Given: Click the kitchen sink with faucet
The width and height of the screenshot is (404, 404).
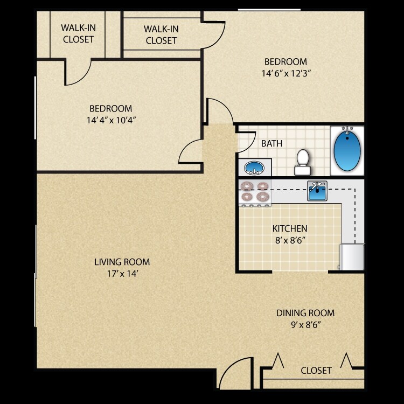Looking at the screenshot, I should tap(317, 191).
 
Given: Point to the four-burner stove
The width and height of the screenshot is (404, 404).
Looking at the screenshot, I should tap(255, 192).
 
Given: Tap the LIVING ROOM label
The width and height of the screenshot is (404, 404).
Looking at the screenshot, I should tap(122, 262).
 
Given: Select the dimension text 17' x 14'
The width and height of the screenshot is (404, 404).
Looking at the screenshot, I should tap(122, 274).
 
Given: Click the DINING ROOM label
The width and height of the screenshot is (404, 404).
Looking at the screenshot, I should tap(305, 313).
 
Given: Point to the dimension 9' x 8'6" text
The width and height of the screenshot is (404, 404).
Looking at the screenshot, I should tap(305, 325).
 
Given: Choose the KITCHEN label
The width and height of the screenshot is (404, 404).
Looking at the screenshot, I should tap(289, 229).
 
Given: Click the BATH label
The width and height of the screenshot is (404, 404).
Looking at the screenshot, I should tap(271, 144).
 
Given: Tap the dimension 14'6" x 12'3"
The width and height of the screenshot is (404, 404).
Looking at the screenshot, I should tap(285, 73).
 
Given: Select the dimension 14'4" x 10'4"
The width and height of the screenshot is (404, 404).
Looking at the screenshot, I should tap(110, 120).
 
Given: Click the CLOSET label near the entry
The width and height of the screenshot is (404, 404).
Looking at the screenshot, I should tap(316, 371).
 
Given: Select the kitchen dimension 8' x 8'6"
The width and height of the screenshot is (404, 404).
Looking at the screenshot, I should tap(289, 241).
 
